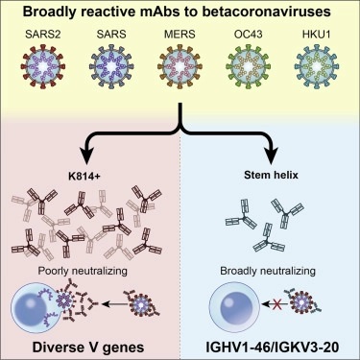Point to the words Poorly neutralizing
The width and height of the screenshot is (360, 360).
[88, 272]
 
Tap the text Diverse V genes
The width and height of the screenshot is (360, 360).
[88, 343]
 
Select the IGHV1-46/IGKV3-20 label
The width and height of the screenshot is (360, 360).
[271, 343]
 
